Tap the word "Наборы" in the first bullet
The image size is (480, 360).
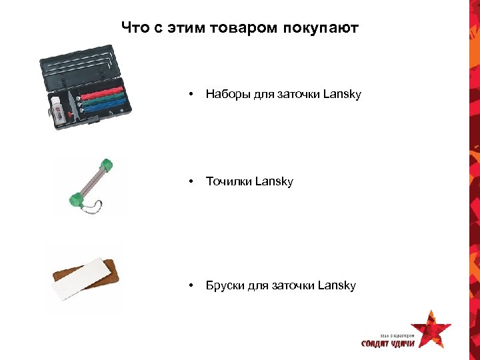(x=226, y=95)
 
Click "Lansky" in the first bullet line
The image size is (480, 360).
(x=342, y=95)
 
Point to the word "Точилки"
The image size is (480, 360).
(x=228, y=181)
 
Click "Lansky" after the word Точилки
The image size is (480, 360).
(x=273, y=181)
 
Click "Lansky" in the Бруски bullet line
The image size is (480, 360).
(x=337, y=285)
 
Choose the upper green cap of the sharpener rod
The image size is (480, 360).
(x=105, y=165)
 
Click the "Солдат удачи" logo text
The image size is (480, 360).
(x=388, y=343)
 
